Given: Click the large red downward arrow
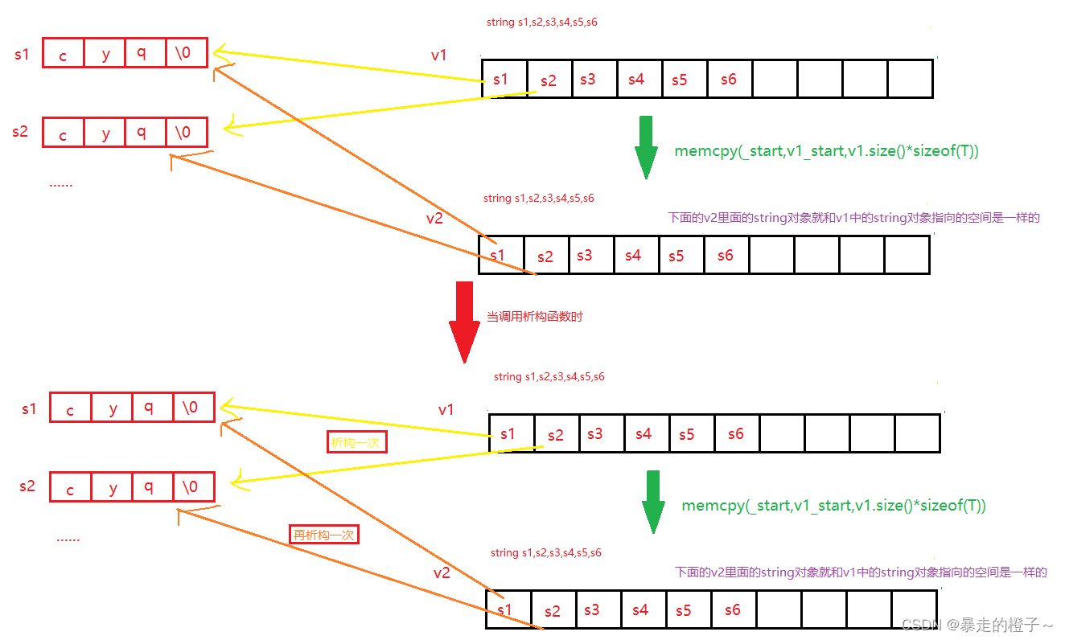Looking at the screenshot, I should pyautogui.click(x=464, y=322).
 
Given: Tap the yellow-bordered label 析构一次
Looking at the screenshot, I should pyautogui.click(x=356, y=443).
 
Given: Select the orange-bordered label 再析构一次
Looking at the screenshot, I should pyautogui.click(x=323, y=534).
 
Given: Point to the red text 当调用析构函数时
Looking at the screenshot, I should pyautogui.click(x=534, y=317).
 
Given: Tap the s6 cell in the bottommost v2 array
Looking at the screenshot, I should pyautogui.click(x=733, y=609).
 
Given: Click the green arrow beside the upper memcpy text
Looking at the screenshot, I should pyautogui.click(x=646, y=147).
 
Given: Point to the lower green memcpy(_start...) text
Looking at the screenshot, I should pyautogui.click(x=833, y=506).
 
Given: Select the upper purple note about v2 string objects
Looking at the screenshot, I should pyautogui.click(x=853, y=218).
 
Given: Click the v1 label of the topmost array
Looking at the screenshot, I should pyautogui.click(x=438, y=55).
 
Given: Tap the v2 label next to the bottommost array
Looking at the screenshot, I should pyautogui.click(x=442, y=572).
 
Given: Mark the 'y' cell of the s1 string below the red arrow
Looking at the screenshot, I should pyautogui.click(x=113, y=408).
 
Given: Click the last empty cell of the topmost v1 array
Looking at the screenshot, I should pyautogui.click(x=910, y=79).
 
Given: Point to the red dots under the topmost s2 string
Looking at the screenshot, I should pyautogui.click(x=61, y=184).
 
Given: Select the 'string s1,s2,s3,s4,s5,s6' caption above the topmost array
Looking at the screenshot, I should pyautogui.click(x=541, y=23).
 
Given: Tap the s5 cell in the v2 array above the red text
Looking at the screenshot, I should pyautogui.click(x=676, y=255).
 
